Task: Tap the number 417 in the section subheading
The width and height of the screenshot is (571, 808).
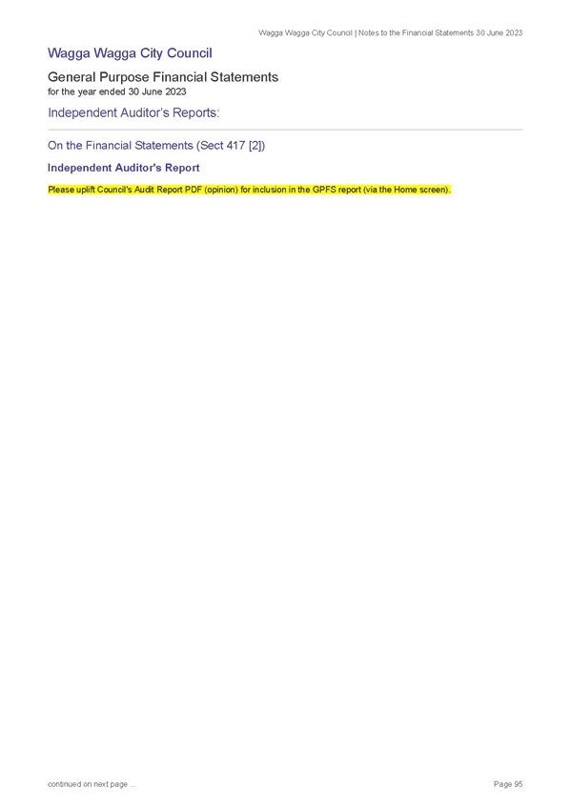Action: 235,146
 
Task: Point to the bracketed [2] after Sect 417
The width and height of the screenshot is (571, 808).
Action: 256,146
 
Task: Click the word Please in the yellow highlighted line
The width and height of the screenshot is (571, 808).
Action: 61,190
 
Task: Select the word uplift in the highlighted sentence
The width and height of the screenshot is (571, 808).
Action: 86,190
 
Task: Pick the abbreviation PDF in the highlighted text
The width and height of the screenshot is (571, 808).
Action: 194,190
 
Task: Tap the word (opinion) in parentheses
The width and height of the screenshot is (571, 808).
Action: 221,190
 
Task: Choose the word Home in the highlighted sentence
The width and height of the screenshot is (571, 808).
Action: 405,190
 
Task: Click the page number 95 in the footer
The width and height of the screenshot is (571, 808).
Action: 518,784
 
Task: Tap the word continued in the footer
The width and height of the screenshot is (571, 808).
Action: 64,784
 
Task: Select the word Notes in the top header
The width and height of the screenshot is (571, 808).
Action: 369,33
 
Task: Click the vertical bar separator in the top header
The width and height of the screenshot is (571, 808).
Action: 356,33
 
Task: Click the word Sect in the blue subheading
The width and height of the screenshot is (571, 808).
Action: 210,146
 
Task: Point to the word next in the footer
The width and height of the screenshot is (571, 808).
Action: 100,784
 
